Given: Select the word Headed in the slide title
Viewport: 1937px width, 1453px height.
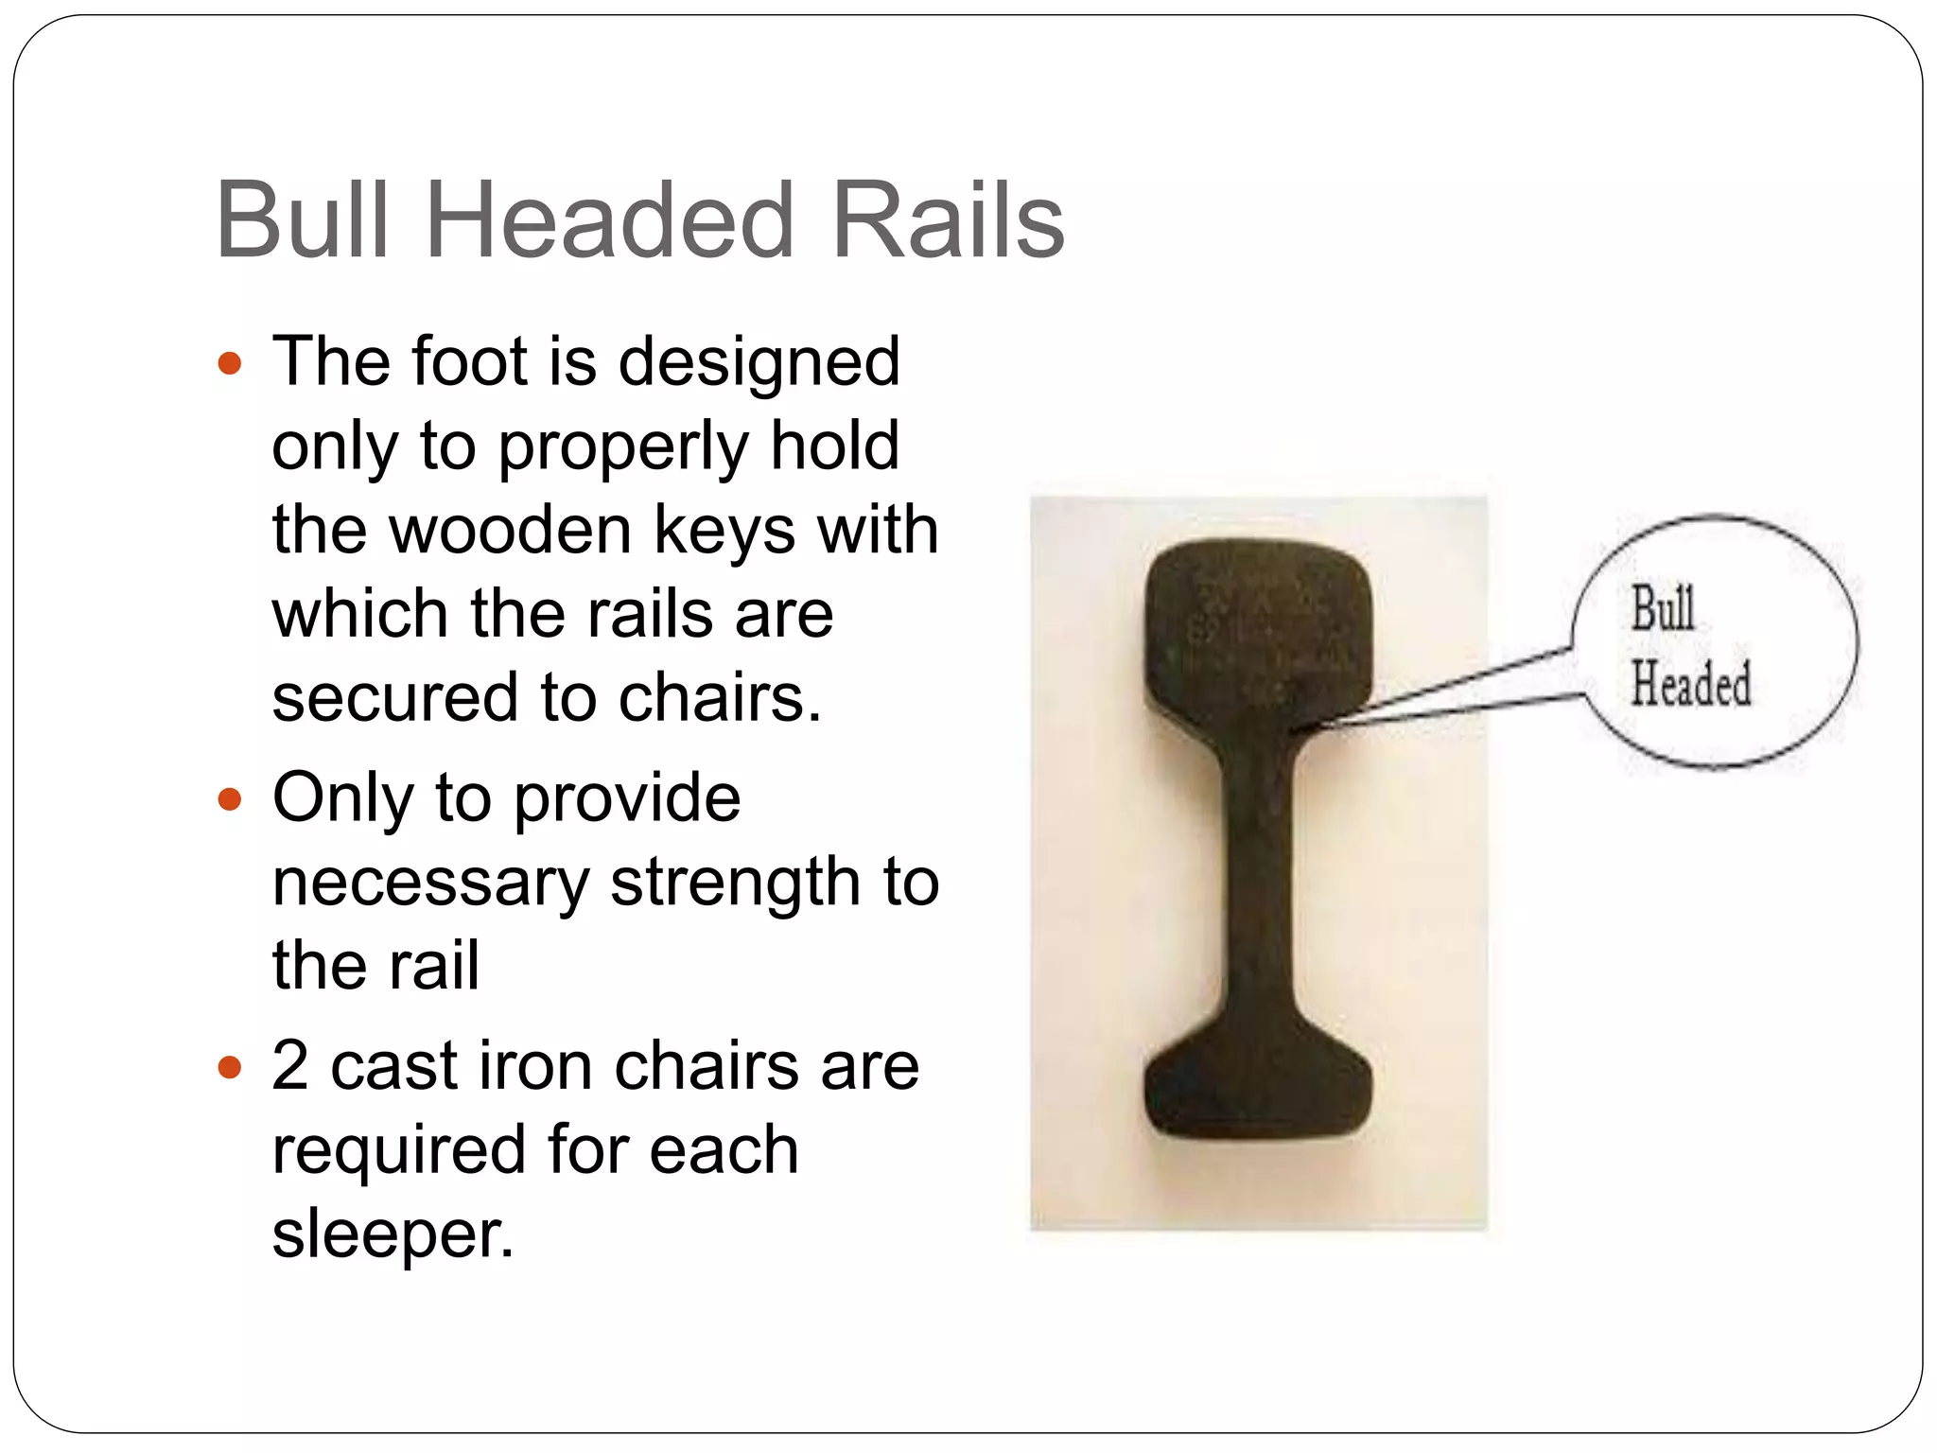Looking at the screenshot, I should click(610, 220).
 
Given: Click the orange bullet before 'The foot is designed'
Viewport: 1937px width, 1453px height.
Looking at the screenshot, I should click(230, 363).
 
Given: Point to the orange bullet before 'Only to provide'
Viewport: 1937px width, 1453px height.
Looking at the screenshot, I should click(230, 800).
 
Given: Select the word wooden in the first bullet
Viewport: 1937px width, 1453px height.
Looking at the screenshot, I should click(511, 530).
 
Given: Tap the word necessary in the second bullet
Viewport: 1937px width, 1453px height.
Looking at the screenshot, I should click(430, 884).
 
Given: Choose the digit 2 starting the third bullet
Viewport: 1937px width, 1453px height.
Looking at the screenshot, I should click(290, 1066).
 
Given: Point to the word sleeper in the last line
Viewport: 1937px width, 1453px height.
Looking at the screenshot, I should click(393, 1234).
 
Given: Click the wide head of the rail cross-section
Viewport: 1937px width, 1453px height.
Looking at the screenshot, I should click(1258, 629).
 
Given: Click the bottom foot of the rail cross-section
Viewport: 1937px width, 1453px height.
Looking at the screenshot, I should click(1258, 1088).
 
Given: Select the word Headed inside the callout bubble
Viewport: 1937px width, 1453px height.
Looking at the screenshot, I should click(1690, 683).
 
